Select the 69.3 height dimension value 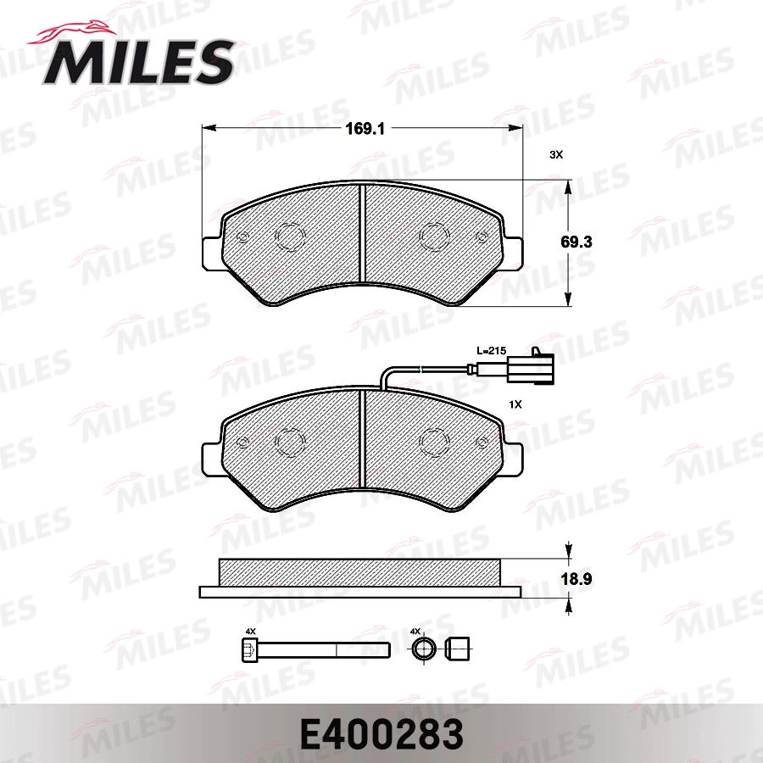click(576, 242)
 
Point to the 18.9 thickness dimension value click(576, 580)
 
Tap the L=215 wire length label click(490, 350)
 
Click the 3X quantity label click(556, 155)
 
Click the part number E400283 click(381, 733)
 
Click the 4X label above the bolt click(250, 632)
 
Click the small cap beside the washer click(457, 650)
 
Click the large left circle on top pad click(290, 237)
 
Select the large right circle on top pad click(435, 237)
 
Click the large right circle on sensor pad click(435, 440)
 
